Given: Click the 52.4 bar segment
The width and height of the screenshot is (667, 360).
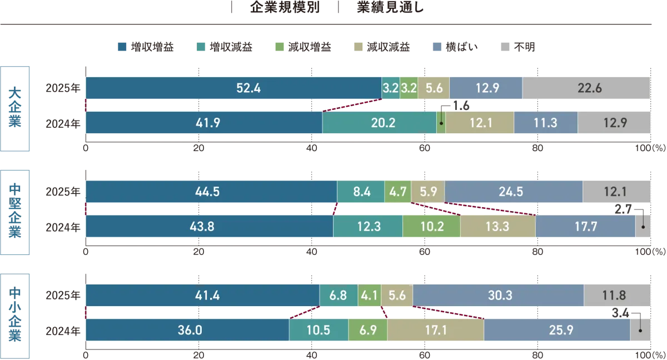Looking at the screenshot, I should click(233, 88).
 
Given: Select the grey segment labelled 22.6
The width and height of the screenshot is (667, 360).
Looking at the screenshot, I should click(586, 88).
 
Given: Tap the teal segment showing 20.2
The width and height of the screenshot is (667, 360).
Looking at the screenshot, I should click(379, 123).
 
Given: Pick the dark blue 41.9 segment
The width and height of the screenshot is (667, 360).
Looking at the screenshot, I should click(204, 123).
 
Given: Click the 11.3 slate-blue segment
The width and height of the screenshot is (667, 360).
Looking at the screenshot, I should click(545, 123).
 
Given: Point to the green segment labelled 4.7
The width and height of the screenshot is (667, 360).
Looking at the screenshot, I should click(398, 192).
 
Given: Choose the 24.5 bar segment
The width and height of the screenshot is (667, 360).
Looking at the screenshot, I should click(514, 192).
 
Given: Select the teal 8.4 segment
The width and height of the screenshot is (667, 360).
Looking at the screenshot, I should click(361, 192).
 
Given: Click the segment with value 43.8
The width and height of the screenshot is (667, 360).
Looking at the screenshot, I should click(209, 226).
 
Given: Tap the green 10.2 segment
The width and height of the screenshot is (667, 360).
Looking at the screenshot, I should click(431, 226).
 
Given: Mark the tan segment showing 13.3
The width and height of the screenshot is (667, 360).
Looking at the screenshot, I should click(497, 226).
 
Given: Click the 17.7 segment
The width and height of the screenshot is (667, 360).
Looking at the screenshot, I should click(585, 226).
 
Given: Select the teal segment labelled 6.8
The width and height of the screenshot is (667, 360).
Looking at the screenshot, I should click(338, 296).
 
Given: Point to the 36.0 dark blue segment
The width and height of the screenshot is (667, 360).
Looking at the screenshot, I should click(187, 330).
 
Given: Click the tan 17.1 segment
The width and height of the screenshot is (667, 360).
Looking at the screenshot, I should click(435, 330).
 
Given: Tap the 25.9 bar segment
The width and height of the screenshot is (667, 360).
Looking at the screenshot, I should click(557, 330).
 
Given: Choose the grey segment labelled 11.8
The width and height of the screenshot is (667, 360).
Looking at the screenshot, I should click(617, 296).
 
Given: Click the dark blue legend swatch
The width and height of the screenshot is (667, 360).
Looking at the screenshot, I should click(122, 47).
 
